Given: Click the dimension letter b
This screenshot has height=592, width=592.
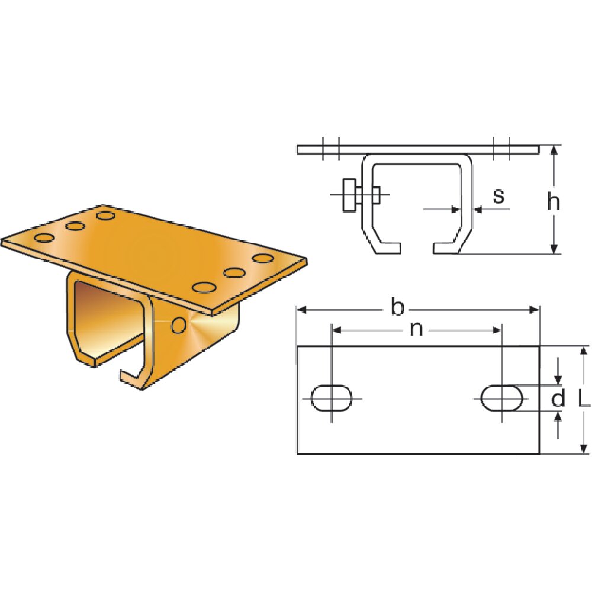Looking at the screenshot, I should pos(398,308).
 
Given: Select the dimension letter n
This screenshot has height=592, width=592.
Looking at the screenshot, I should pos(416,330).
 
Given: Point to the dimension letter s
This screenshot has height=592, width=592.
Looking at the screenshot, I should pos(498,195).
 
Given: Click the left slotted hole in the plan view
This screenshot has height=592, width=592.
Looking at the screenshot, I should pos(332,398).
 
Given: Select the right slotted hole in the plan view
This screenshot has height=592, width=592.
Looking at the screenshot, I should pos(502,398).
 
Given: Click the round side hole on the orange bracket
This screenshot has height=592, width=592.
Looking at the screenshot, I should pos(178,324).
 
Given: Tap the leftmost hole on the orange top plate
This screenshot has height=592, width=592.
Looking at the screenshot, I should pos(43,238).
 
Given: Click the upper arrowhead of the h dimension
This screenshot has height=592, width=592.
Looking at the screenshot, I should pos(554,150).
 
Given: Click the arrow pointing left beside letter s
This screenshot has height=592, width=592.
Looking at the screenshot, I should pos(477,209).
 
